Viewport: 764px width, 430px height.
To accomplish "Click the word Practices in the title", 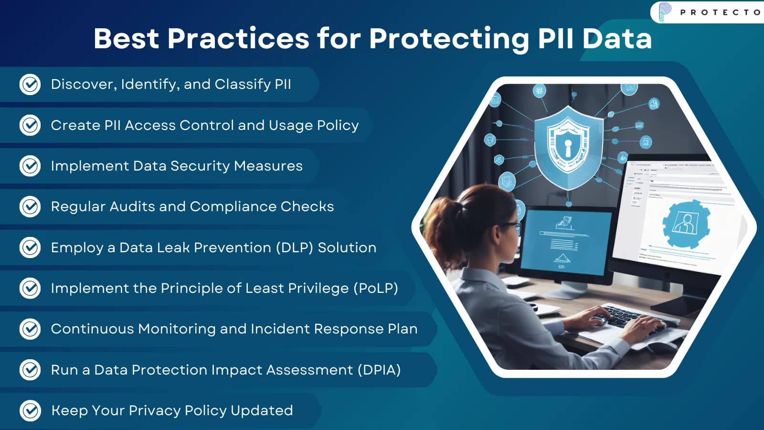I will pos(238,38).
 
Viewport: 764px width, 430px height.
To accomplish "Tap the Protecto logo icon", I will pos(665,11).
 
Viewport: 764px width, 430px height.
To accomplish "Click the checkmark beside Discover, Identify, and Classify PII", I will pos(30,85).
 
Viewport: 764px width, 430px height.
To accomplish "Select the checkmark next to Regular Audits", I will pos(30,206).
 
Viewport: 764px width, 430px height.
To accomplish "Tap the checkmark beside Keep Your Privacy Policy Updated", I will pos(30,410).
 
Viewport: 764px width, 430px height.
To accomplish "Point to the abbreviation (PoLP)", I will pos(375,288).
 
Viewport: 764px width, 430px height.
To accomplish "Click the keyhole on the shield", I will pos(568,147).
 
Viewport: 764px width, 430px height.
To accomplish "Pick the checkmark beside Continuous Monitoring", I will pos(30,329).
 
